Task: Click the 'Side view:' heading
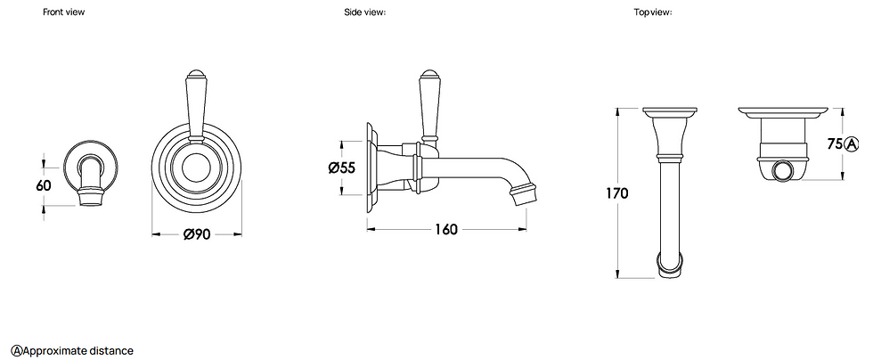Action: click(x=364, y=12)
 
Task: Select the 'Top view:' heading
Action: click(x=653, y=12)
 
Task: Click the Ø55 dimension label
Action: click(x=342, y=168)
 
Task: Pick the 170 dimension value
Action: click(x=617, y=192)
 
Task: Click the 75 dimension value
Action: click(x=835, y=144)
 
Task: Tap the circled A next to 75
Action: click(x=852, y=144)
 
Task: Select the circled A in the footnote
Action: click(x=16, y=350)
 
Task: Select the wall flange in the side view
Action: click(x=370, y=165)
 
